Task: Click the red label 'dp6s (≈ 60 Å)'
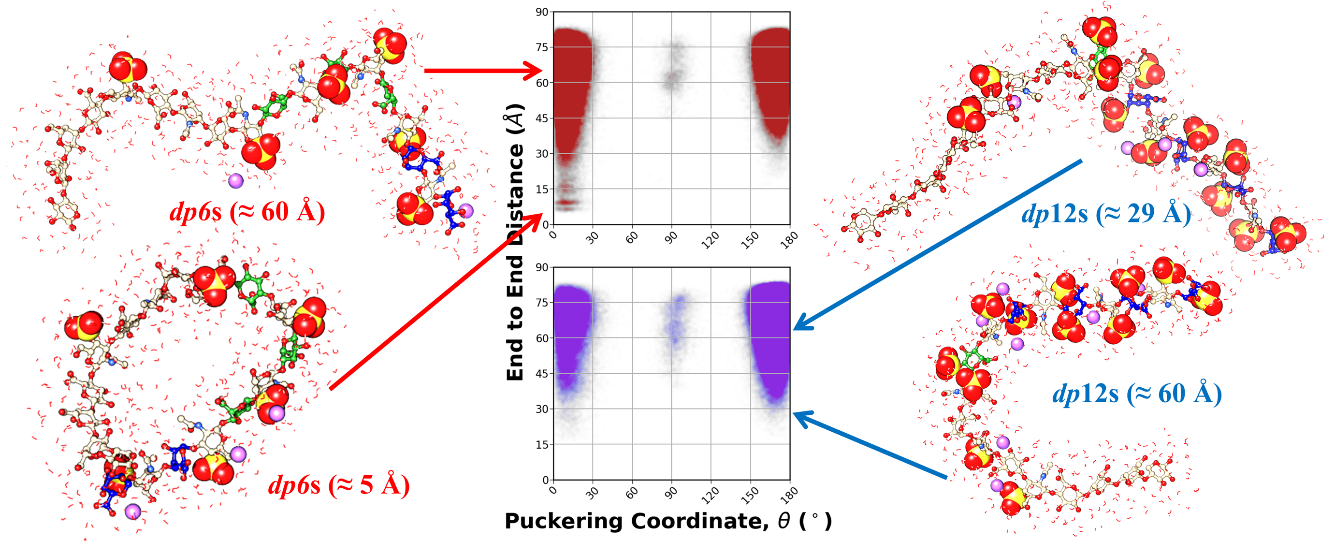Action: pyautogui.click(x=247, y=212)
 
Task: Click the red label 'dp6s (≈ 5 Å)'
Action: pyautogui.click(x=339, y=485)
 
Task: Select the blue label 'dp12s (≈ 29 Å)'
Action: pyautogui.click(x=1106, y=214)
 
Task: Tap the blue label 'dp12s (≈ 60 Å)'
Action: pyautogui.click(x=1136, y=394)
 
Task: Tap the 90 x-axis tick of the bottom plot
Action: pyautogui.click(x=672, y=493)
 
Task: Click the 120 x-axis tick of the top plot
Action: pyautogui.click(x=711, y=239)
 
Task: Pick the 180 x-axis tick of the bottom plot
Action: pyautogui.click(x=789, y=496)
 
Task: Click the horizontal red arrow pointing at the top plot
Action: pyautogui.click(x=482, y=71)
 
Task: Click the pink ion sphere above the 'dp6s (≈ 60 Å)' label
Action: pyautogui.click(x=236, y=181)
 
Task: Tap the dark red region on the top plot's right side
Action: pyautogui.click(x=772, y=78)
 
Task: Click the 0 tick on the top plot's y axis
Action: pyautogui.click(x=545, y=225)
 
